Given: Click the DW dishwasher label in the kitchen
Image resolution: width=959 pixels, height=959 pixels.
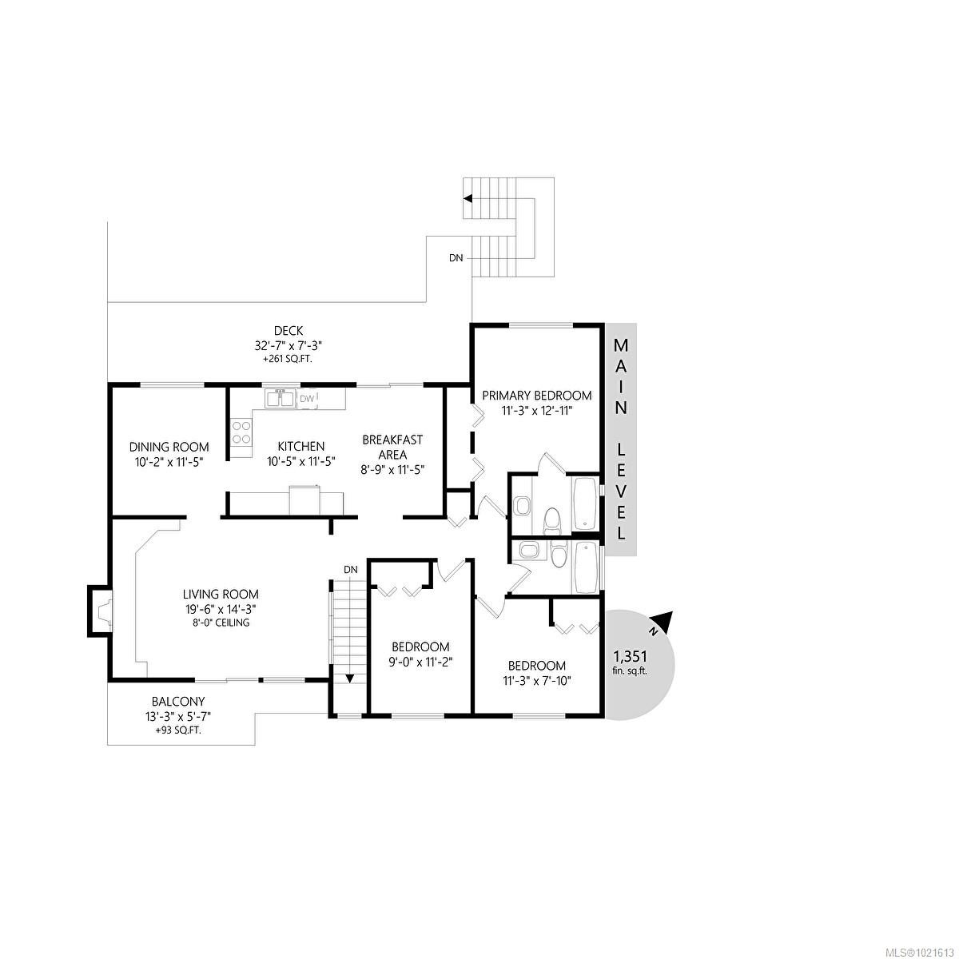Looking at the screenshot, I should click(x=307, y=398).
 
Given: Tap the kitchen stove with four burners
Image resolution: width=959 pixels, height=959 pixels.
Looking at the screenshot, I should click(x=241, y=432).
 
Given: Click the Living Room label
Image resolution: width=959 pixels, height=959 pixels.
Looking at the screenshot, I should click(x=221, y=594).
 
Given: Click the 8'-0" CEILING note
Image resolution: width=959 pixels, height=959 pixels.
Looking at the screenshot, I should click(x=221, y=623).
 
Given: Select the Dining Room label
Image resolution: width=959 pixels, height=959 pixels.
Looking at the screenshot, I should click(x=169, y=447).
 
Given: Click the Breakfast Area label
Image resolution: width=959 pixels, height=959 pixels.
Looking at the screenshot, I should click(x=392, y=447).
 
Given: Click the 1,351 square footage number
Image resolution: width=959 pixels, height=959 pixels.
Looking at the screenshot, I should click(x=631, y=656).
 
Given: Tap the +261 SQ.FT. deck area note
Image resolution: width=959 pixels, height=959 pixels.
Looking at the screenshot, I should click(x=287, y=360).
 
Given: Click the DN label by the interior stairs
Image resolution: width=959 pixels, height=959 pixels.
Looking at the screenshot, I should click(x=350, y=569).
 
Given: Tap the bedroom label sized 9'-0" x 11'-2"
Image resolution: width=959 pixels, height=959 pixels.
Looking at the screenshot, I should click(x=420, y=647).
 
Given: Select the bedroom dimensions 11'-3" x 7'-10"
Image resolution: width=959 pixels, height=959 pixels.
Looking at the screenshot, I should click(x=537, y=681).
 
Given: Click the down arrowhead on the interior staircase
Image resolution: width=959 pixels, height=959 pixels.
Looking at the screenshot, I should click(x=349, y=678).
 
